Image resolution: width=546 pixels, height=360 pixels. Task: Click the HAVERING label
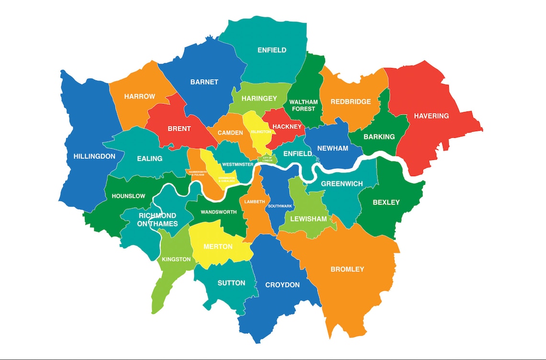point(431,116)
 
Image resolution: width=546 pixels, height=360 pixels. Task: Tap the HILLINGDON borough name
point(94,157)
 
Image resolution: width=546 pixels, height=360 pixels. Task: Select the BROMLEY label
point(347,270)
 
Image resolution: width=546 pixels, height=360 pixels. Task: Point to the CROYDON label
point(283,285)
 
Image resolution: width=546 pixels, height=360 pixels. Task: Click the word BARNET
point(204,82)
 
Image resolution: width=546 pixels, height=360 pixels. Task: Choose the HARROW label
point(139,97)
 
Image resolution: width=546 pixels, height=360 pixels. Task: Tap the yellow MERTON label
point(218,247)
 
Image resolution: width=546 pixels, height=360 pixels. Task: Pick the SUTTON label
point(231,283)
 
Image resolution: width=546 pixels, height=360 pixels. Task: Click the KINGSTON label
point(176,259)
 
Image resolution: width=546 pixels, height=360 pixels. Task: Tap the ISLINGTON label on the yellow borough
point(261,131)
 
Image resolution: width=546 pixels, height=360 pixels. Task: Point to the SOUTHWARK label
point(280,206)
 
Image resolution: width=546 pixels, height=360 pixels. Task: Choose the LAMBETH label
point(254,202)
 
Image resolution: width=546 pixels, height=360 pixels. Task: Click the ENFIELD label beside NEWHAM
point(297,154)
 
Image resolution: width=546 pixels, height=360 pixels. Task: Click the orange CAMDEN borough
point(230,133)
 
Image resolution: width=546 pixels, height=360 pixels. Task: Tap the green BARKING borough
point(379,136)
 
